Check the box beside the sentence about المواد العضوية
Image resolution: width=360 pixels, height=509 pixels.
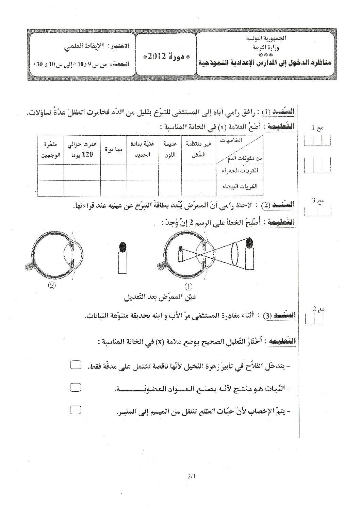click(x=75, y=387)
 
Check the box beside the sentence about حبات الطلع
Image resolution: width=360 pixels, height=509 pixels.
click(x=75, y=410)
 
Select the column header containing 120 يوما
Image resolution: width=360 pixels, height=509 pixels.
click(x=82, y=150)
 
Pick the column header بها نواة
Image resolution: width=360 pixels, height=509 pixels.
click(x=114, y=150)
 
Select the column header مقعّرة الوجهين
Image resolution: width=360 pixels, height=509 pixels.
click(x=50, y=149)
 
